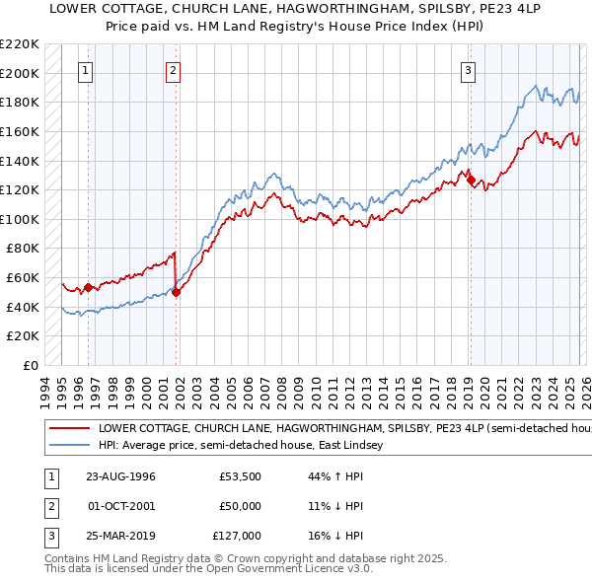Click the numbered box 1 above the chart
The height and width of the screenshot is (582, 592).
(x=87, y=70)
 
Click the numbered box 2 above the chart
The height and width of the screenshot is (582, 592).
(x=173, y=70)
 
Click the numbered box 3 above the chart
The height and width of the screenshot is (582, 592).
(x=467, y=70)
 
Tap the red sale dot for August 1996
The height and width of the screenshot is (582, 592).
(x=89, y=287)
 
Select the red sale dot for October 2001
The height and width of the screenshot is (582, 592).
(x=176, y=292)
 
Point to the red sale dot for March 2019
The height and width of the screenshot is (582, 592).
(x=471, y=180)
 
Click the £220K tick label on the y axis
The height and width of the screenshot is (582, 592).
(x=20, y=44)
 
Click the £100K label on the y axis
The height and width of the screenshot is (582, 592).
(x=20, y=219)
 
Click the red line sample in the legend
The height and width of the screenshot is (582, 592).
(x=69, y=430)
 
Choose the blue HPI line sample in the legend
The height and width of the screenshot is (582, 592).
(x=69, y=446)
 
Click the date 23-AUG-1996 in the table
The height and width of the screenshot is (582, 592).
(x=121, y=476)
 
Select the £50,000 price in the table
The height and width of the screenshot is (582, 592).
(x=241, y=506)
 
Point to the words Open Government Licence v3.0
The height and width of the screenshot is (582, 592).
(x=288, y=569)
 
